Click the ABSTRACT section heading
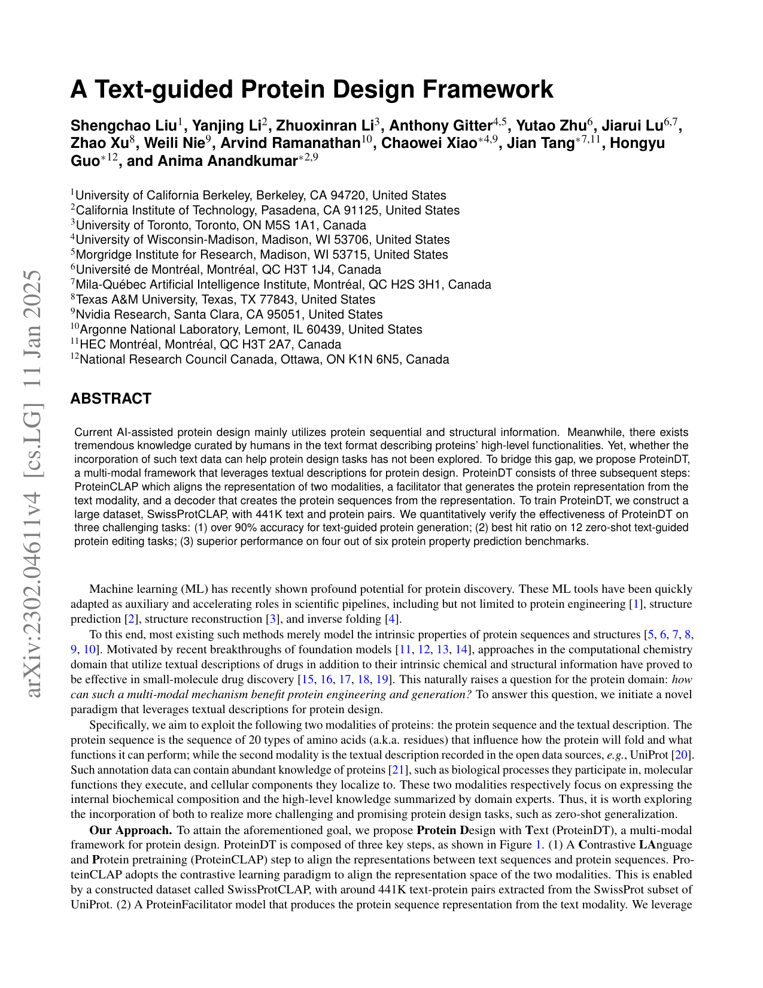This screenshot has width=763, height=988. [111, 399]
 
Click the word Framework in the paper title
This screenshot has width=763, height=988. [488, 90]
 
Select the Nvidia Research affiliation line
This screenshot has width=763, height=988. [227, 314]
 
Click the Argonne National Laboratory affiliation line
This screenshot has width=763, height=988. [247, 329]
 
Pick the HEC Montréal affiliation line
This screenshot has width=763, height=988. [206, 344]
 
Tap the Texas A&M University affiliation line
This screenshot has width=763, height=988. [223, 299]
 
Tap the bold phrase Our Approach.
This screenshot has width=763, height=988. [130, 830]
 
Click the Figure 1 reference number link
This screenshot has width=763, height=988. [536, 845]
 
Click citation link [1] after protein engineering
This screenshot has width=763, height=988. [637, 604]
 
